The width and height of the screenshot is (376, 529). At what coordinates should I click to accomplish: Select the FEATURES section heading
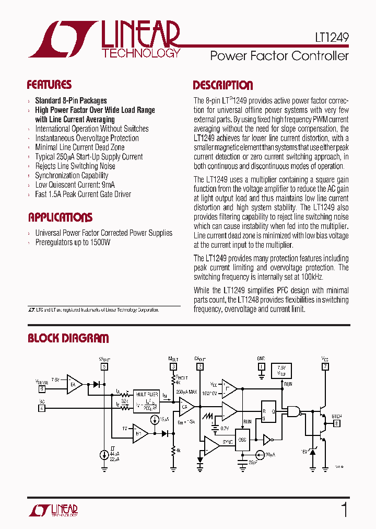49,85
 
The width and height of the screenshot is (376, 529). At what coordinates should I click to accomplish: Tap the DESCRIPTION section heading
223,85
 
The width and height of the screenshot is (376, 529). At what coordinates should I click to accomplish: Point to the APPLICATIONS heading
60,217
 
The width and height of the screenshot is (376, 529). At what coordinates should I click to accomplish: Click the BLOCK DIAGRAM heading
68,338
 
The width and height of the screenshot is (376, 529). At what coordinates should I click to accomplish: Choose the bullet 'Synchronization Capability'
72,176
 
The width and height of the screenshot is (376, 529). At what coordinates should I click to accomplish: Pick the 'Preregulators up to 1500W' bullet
73,243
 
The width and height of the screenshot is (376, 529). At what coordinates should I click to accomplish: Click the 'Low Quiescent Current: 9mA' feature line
75,185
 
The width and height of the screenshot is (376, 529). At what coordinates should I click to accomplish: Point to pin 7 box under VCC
326,366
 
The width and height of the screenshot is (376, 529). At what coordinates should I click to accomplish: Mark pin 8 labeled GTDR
337,424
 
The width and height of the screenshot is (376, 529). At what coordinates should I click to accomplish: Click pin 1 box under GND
261,366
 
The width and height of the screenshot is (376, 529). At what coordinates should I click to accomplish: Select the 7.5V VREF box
282,371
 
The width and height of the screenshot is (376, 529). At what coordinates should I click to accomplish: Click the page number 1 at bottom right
344,509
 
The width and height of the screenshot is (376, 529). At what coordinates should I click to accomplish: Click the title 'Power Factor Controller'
279,56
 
